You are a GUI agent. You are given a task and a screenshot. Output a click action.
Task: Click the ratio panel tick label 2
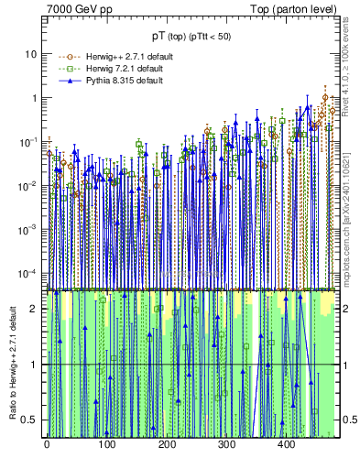click(34, 309)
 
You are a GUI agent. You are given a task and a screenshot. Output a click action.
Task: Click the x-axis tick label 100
click(106, 446)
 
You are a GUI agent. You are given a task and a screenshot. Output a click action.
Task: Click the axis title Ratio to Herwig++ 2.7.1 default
click(10, 364)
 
